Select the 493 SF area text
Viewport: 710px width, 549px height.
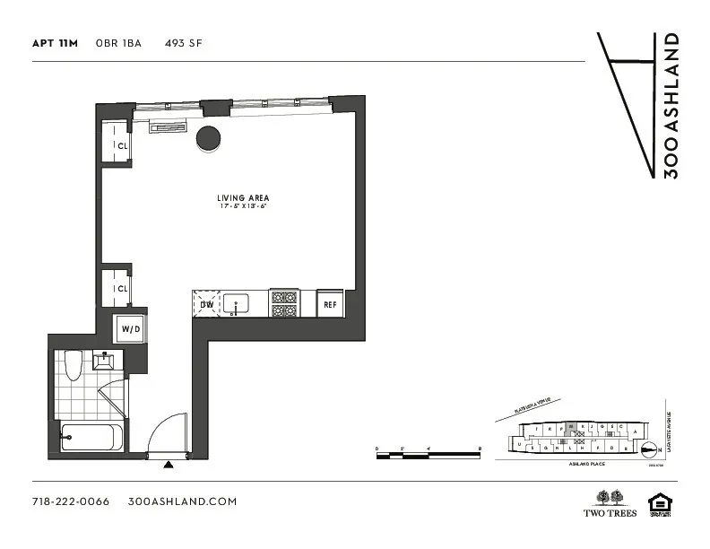coord(183,42)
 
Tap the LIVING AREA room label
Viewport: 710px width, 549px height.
coord(243,198)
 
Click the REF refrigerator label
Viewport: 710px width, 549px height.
coord(330,305)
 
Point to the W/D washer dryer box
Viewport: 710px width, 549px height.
coord(131,329)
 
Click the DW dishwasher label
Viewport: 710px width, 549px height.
coord(205,305)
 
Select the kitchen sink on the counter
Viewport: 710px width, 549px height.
coord(238,304)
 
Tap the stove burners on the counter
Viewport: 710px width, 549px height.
coord(284,304)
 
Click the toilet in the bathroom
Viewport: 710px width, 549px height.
coord(75,363)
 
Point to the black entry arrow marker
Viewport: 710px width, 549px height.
coord(169,465)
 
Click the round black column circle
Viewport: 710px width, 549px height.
coord(209,137)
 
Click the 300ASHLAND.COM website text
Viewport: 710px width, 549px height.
coord(183,501)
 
